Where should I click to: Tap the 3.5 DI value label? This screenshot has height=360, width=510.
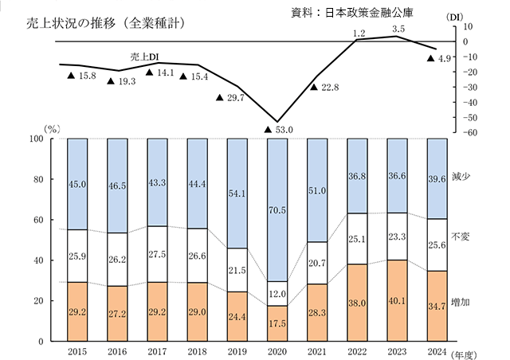tap(399, 29)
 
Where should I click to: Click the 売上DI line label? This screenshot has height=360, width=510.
tap(146, 57)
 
